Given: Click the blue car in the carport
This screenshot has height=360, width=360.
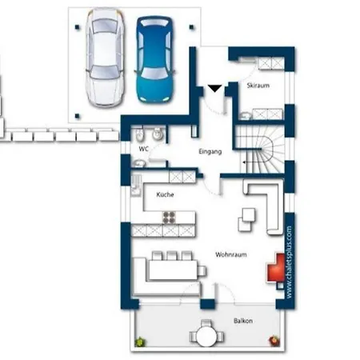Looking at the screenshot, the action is tap(155, 59).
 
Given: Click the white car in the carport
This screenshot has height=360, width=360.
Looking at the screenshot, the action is tap(105, 58).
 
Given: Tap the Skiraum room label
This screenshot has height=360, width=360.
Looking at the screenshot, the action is tap(258, 86).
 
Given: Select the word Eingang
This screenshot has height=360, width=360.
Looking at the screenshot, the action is tap(210, 151).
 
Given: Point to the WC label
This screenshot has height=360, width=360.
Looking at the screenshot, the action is tap(143, 149).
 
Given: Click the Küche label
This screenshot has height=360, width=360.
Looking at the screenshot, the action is tap(165, 194).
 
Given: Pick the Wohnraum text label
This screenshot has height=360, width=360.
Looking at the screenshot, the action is tap(231, 254).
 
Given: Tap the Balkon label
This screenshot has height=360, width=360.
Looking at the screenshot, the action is tap(243, 321).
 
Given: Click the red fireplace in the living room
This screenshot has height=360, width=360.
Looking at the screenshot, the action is tap(276, 268).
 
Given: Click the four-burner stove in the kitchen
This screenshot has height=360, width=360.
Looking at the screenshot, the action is tap(169, 217).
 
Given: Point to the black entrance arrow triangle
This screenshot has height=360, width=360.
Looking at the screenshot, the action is tap(214, 88).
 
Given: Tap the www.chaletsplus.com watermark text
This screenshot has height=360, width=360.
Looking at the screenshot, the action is tap(289, 262).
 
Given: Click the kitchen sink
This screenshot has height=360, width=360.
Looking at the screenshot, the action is tap(136, 186).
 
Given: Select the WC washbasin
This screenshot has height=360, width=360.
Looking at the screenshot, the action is tap(138, 163).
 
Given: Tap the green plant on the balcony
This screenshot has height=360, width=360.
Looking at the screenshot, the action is tap(140, 342).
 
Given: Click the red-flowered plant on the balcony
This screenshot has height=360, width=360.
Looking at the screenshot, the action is tap(274, 341).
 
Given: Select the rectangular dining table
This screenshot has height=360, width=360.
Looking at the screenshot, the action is tap(173, 270).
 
